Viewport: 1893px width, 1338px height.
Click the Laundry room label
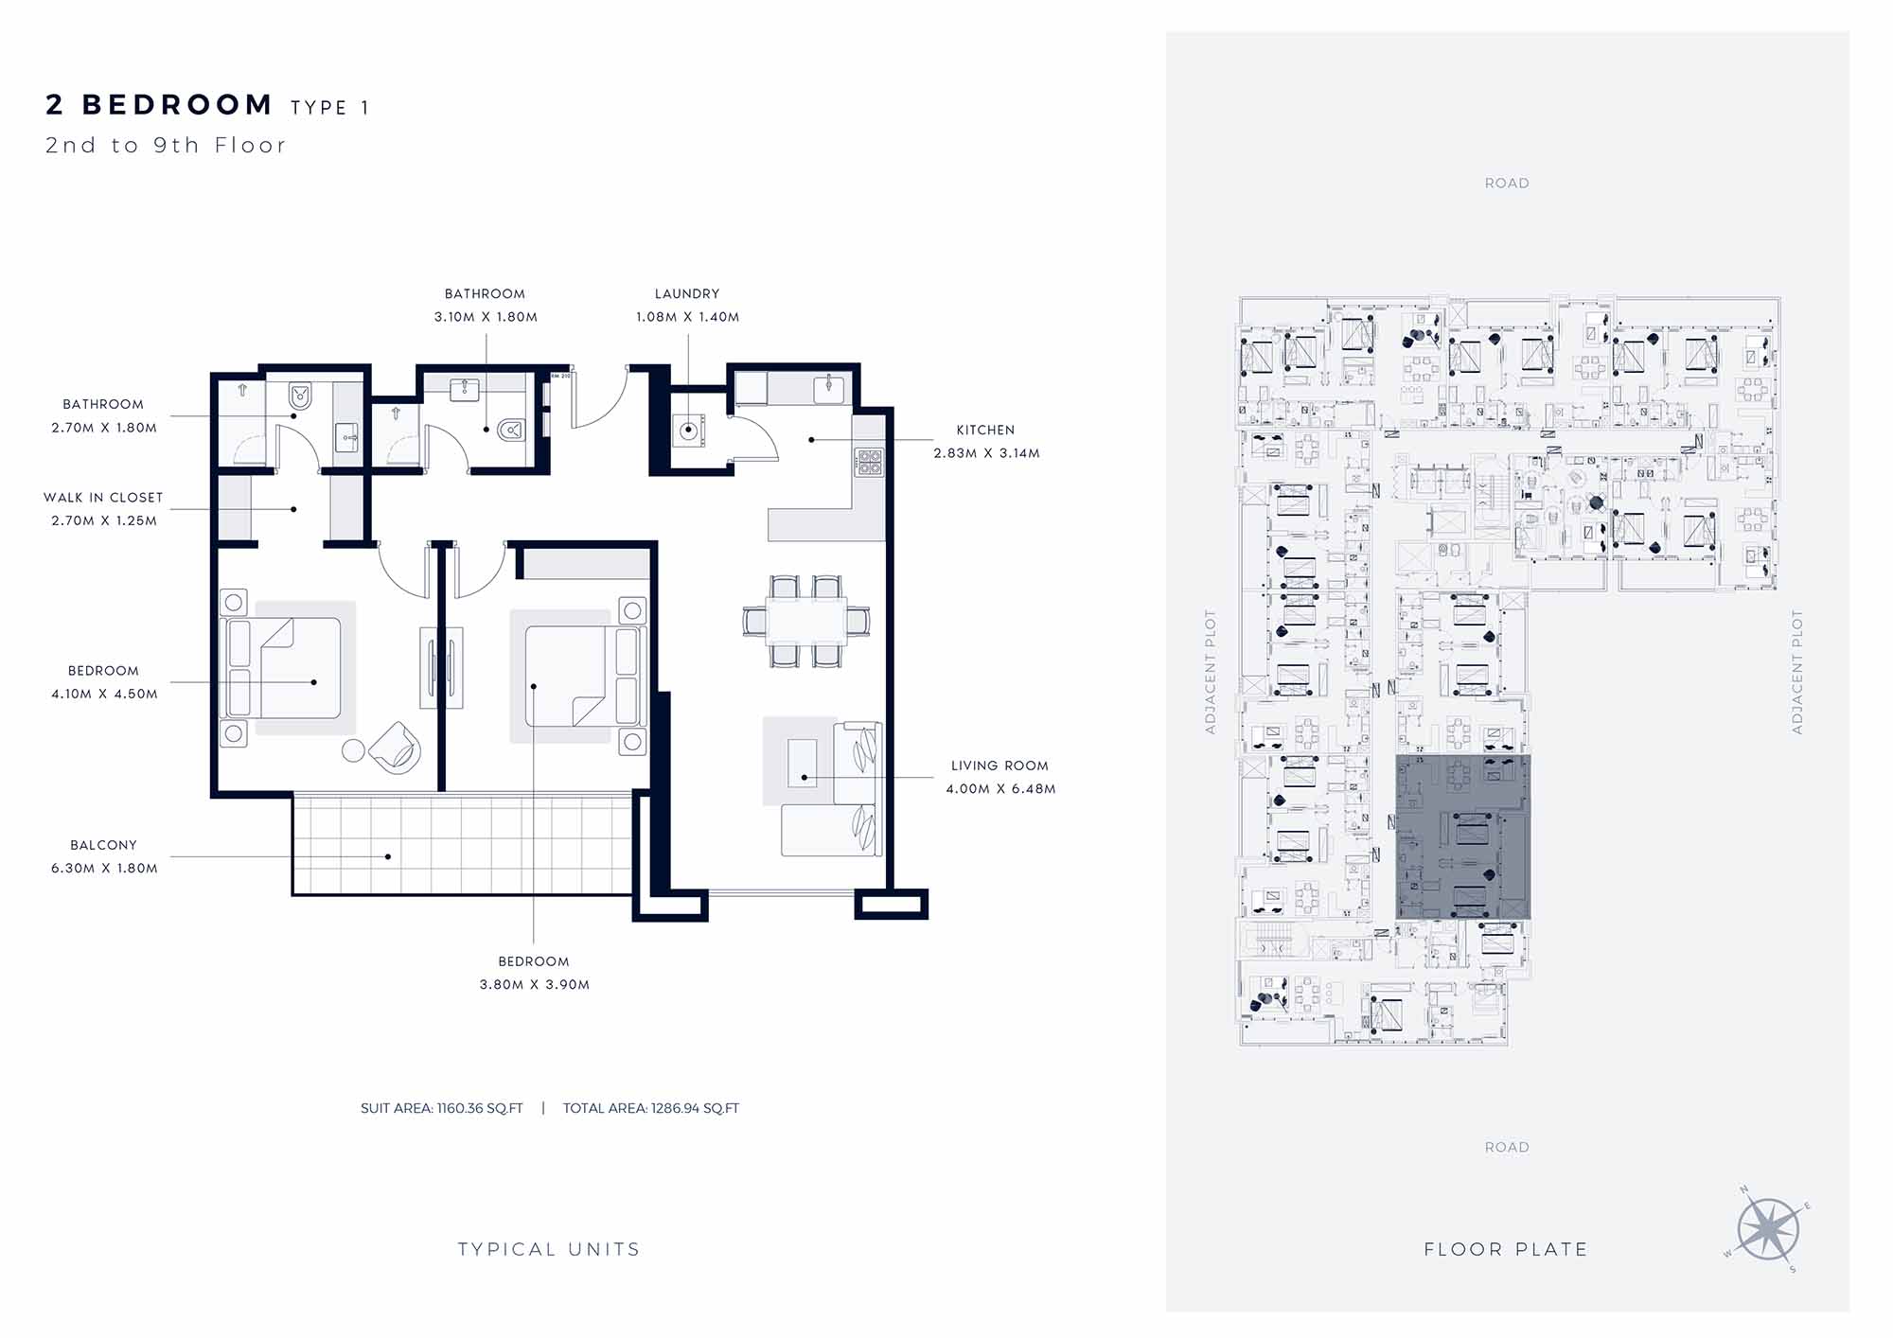coord(687,294)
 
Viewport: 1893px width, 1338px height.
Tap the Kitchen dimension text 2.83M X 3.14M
coord(986,453)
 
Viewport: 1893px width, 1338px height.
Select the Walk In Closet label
coord(103,498)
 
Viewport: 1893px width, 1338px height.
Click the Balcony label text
coord(103,845)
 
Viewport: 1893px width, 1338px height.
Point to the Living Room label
coord(1000,766)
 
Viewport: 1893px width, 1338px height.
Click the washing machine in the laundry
coord(688,431)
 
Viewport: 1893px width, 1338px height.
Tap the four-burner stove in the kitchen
coord(869,462)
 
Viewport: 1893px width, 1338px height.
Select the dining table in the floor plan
coord(805,621)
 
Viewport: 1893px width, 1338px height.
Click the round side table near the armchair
coord(353,750)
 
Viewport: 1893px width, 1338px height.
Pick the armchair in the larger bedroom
coord(395,748)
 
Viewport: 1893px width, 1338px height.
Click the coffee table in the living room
coord(802,763)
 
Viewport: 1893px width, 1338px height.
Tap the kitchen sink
coord(829,388)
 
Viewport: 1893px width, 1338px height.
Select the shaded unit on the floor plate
coord(1462,836)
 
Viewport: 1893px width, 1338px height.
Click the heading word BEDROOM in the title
coord(178,104)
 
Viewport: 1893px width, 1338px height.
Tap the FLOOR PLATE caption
coord(1506,1249)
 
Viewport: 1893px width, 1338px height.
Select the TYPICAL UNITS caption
coord(549,1249)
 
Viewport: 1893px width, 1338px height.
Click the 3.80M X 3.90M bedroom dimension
coord(535,985)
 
